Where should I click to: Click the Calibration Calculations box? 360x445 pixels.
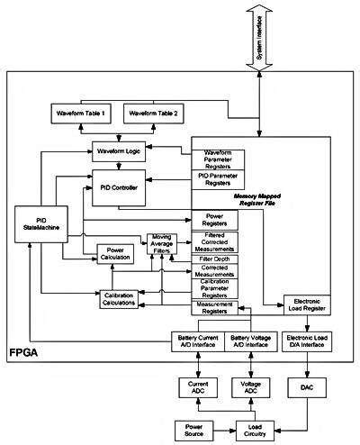click(119, 298)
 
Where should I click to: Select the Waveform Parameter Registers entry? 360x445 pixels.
click(218, 157)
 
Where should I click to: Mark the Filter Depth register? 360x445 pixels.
click(216, 259)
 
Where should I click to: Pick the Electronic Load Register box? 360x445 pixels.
click(309, 304)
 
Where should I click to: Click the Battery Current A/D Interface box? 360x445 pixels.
click(198, 342)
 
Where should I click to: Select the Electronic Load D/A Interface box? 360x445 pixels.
click(309, 342)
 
